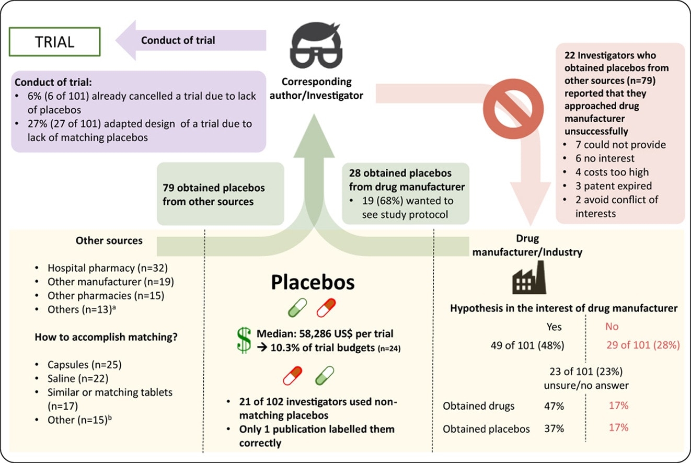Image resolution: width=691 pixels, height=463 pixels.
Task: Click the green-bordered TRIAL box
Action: pos(54,42)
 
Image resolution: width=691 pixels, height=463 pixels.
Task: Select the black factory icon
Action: pos(528,277)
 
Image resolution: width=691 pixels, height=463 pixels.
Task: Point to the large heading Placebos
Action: pos(313,282)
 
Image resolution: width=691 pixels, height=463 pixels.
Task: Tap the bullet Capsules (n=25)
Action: pos(84,365)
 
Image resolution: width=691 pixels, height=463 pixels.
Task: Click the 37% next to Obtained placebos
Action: pos(554,429)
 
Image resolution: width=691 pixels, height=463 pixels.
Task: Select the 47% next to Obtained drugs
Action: pos(554,406)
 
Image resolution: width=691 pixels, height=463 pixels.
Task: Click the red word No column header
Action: pos(612,327)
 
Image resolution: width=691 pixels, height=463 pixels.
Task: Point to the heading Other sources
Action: pos(109,241)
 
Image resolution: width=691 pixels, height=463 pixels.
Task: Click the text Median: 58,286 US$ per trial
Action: pos(325,333)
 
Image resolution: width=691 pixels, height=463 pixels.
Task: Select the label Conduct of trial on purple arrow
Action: pos(178,40)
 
